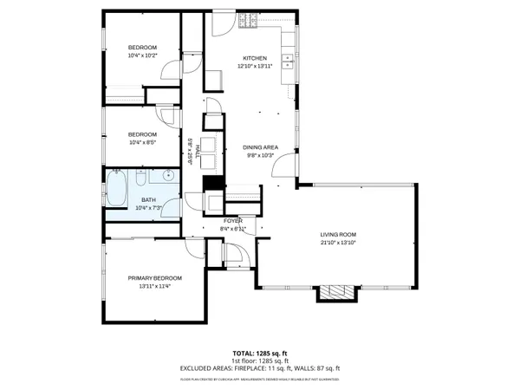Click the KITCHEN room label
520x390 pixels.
(254, 58)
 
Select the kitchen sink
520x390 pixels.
(288, 61)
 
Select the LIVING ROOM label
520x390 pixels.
(338, 234)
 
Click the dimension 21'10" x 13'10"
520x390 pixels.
(338, 243)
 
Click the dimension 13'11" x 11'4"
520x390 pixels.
(149, 287)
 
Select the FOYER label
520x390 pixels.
(232, 221)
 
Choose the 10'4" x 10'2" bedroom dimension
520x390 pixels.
(142, 55)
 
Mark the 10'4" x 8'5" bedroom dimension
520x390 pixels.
(142, 142)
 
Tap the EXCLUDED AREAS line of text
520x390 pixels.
(260, 369)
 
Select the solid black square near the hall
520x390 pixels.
(208, 183)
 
